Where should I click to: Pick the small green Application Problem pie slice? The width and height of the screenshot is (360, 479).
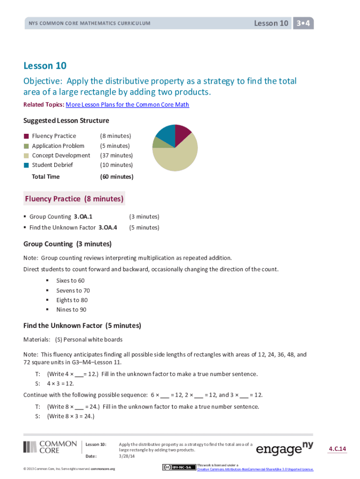point(157,142)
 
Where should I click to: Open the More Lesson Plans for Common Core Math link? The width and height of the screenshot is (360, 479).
point(128,104)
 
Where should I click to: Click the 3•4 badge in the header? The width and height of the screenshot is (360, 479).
point(303,23)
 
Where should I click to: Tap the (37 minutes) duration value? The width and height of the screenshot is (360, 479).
point(116,155)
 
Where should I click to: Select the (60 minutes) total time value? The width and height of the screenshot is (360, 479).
point(116,177)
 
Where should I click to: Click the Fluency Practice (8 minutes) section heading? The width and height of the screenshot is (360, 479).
point(74,199)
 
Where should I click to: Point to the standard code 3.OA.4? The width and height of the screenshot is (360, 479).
point(108,227)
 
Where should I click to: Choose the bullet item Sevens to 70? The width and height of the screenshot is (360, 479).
point(73,290)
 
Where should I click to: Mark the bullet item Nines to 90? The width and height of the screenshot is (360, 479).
point(71,310)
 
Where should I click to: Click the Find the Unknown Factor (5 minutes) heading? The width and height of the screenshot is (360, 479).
point(82,326)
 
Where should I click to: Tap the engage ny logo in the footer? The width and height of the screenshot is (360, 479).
point(284,449)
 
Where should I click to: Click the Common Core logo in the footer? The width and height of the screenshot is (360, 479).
point(50,447)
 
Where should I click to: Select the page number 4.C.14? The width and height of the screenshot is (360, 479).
point(337,449)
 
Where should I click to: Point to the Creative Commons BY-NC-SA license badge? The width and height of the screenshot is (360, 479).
point(179,467)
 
